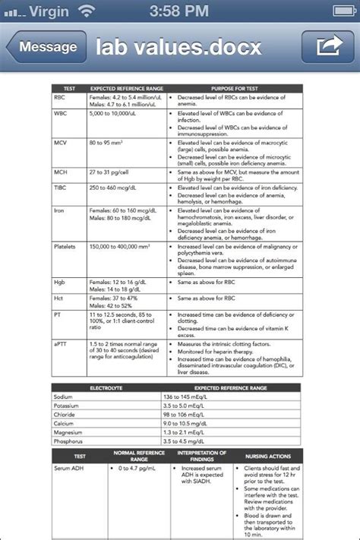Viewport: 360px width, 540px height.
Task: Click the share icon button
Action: click(x=327, y=47)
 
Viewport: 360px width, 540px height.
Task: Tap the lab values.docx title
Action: click(x=178, y=47)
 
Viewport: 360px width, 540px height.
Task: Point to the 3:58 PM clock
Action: click(x=180, y=11)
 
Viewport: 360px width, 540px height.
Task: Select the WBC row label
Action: click(x=61, y=113)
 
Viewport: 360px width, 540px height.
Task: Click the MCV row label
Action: click(x=61, y=142)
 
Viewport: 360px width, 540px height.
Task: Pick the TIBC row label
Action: click(x=61, y=187)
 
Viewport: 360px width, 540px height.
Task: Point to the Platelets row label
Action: click(x=65, y=247)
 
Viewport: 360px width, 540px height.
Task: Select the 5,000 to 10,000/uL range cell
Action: click(x=115, y=113)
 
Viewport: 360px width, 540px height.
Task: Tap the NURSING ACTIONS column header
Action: click(x=268, y=456)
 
